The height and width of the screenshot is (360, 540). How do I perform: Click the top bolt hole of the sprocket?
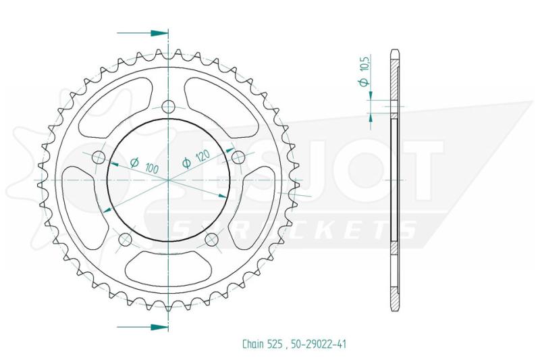(x=168, y=107)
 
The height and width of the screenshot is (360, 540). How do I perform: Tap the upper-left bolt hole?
(x=99, y=157)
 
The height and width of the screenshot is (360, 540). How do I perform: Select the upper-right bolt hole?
(x=238, y=157)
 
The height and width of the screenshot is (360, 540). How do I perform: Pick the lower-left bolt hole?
(x=126, y=238)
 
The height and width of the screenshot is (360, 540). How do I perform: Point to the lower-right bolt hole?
(x=211, y=238)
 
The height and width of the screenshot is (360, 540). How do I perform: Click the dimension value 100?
(x=151, y=168)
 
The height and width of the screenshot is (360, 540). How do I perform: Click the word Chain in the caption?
(x=253, y=344)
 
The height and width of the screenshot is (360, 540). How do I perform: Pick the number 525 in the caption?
(x=275, y=344)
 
